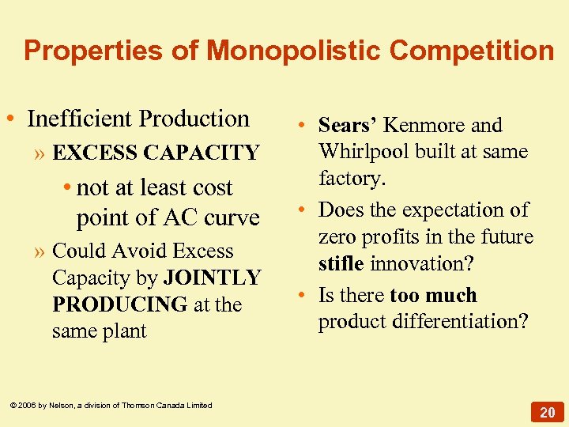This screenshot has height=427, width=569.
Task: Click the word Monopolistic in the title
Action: click(x=294, y=51)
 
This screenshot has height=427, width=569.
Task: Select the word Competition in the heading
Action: click(x=472, y=51)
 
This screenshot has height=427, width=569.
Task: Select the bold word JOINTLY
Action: click(x=212, y=278)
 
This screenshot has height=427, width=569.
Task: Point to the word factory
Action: click(x=352, y=178)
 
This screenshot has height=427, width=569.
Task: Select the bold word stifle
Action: click(x=341, y=264)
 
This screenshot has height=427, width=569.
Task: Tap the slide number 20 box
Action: click(x=548, y=412)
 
